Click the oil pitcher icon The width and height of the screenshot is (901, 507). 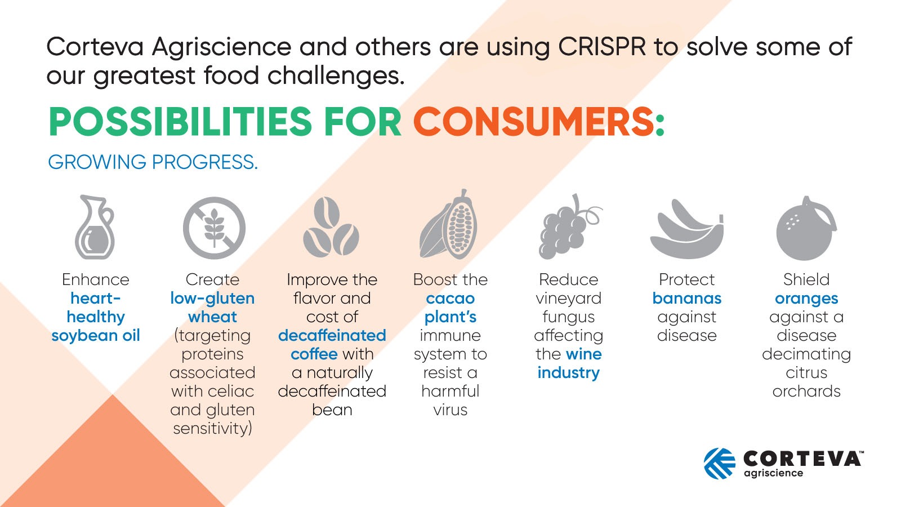(x=95, y=228)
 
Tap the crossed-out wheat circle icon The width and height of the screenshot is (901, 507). (x=214, y=228)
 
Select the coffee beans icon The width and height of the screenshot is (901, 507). (x=331, y=228)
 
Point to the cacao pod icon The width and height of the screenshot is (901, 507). (x=449, y=225)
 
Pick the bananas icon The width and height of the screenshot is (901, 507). (x=686, y=230)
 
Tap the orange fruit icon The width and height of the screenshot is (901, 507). (x=805, y=229)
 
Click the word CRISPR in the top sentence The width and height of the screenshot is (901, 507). (x=602, y=47)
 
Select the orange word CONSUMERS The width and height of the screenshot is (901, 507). (x=538, y=122)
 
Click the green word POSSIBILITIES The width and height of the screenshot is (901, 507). (x=180, y=122)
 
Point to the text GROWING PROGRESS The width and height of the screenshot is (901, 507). (x=153, y=162)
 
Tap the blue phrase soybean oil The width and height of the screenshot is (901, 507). (x=96, y=336)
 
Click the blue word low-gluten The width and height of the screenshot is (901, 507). (x=212, y=299)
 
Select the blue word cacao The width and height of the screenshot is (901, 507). (x=450, y=299)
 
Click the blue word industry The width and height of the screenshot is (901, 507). (x=568, y=373)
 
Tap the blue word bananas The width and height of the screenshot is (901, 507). (x=686, y=299)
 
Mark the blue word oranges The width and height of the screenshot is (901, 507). (x=806, y=299)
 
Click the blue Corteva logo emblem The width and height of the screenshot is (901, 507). (x=719, y=464)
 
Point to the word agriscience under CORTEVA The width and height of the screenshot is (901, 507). (x=773, y=473)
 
